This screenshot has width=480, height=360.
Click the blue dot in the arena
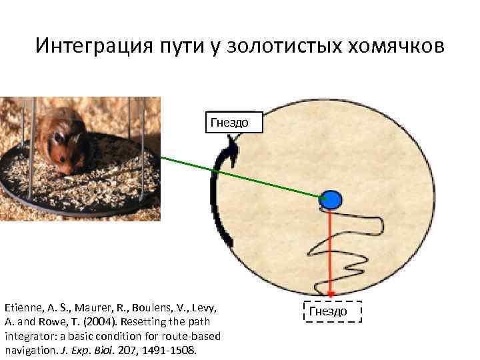331,199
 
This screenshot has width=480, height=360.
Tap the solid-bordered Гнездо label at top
229,122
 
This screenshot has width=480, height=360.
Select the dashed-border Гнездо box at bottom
331,311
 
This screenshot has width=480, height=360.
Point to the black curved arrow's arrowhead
233,143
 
